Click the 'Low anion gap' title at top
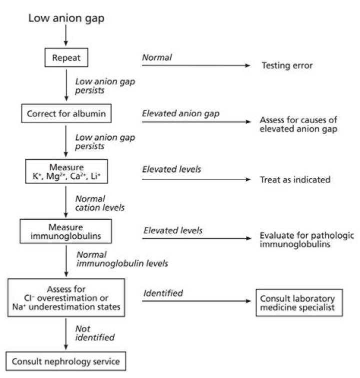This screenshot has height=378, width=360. tap(66, 19)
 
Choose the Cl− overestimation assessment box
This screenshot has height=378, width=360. tap(66, 298)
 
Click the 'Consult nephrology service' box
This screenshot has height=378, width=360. tap(66, 360)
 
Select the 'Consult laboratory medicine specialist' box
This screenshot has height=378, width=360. tap(299, 302)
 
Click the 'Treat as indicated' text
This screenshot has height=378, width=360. tap(295, 180)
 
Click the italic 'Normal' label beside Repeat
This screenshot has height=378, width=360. tap(157, 58)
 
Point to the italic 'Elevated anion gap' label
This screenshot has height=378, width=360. tap(181, 114)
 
